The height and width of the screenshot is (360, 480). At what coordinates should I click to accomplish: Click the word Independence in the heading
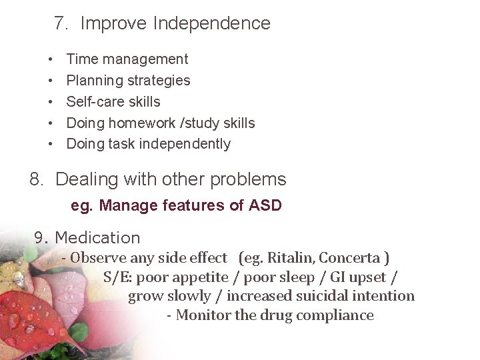tap(211, 24)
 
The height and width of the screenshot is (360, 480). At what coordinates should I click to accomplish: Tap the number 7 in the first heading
tap(59, 24)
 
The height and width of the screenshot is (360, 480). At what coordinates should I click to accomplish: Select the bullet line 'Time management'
tap(127, 59)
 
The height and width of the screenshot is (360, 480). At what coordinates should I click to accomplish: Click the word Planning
tap(92, 81)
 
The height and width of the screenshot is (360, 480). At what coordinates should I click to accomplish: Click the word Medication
tap(97, 238)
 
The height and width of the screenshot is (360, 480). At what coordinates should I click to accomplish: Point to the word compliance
tap(335, 315)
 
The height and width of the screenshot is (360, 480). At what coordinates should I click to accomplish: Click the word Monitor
tap(203, 315)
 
